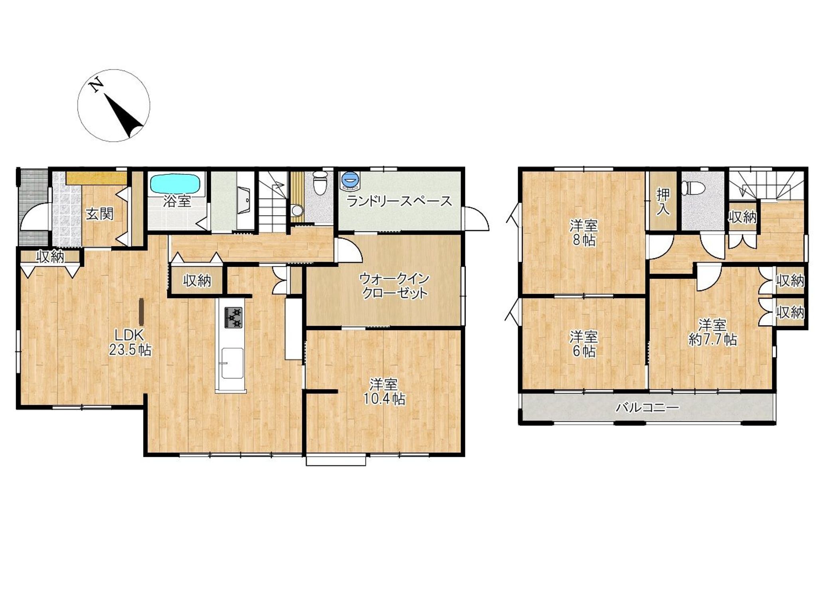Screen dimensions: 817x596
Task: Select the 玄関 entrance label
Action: [100, 214]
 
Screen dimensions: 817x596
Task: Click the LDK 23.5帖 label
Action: [130, 342]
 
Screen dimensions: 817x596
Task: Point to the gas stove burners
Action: [233, 318]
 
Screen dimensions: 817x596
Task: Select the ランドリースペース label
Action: [399, 201]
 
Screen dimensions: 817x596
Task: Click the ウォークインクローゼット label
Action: [394, 285]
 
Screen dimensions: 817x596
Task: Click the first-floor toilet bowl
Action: [319, 184]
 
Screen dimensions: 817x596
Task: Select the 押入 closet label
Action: [663, 202]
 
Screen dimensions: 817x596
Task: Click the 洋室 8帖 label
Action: [584, 233]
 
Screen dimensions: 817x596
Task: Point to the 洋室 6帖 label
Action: [584, 344]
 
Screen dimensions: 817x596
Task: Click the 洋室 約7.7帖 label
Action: [712, 332]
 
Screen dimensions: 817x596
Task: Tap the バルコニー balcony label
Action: [647, 408]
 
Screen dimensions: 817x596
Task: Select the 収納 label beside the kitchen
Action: [197, 281]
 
